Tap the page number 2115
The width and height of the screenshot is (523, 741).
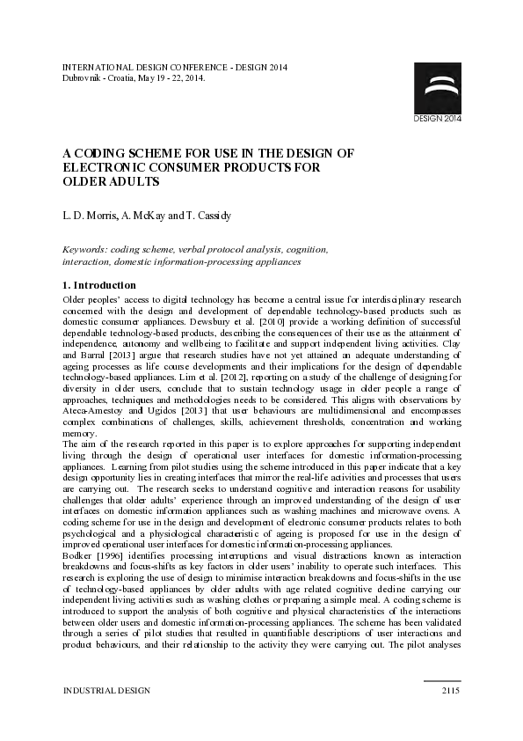[x=450, y=691]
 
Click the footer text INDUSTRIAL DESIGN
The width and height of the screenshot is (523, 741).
[x=106, y=691]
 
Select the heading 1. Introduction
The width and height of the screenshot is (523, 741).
[x=99, y=285]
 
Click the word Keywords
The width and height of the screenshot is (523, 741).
[x=85, y=250]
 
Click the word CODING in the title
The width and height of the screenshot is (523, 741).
[x=102, y=152]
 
